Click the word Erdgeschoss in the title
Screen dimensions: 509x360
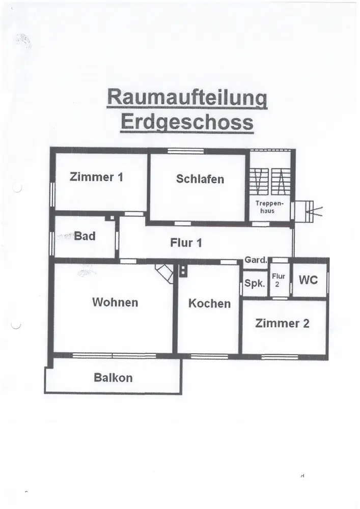coord(186,123)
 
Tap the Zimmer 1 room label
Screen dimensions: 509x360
coord(96,177)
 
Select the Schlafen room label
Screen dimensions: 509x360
coord(200,179)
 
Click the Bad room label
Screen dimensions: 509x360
coord(85,236)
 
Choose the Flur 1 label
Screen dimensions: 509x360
coord(186,243)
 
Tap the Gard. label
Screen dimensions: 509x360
coord(256,260)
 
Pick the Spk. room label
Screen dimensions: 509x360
coord(254,284)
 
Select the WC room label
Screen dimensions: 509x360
coord(308,280)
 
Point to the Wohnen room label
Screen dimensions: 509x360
coord(115,302)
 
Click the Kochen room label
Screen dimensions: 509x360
coord(209,303)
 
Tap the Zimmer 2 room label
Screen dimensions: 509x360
coord(283,323)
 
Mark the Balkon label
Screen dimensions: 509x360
coord(113,378)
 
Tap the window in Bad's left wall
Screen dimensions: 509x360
coord(52,243)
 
